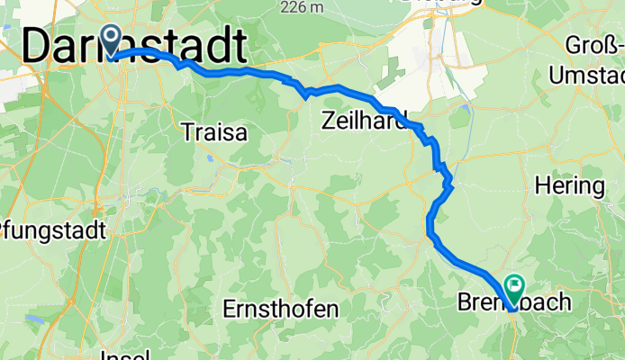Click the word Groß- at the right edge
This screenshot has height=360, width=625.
pos(594,44)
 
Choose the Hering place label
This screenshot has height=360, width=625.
pos(569,187)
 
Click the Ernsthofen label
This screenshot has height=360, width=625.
pos(281,310)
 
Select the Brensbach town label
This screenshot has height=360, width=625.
pos(513,301)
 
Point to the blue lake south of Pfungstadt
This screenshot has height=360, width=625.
pos(36,317)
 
